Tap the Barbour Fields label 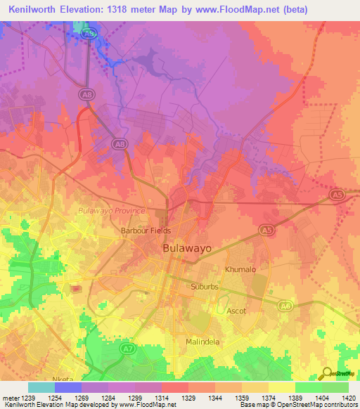pos(146,231)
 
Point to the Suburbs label pos(205,287)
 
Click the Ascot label pos(236,310)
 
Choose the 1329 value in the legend pos(175,398)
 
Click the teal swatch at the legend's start pos(41,387)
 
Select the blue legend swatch pos(67,387)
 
